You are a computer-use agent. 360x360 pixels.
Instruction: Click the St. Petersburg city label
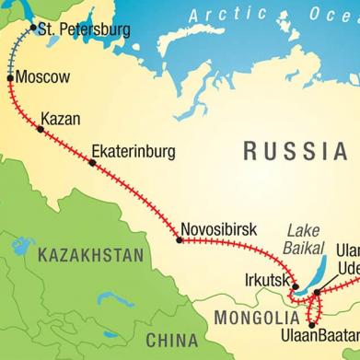(x=82, y=29)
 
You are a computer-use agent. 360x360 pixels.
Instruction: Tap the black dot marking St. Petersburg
(x=33, y=28)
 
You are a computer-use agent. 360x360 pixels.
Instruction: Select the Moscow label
(x=43, y=77)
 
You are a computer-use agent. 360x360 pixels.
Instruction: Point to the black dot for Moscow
(x=11, y=79)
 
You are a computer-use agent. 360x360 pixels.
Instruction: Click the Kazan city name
(x=62, y=119)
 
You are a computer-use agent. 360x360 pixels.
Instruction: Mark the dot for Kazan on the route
(x=41, y=129)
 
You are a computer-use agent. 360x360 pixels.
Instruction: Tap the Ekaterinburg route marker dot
(x=92, y=163)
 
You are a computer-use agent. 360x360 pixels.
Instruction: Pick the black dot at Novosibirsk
(x=179, y=240)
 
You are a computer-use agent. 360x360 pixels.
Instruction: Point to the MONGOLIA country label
(x=257, y=318)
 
